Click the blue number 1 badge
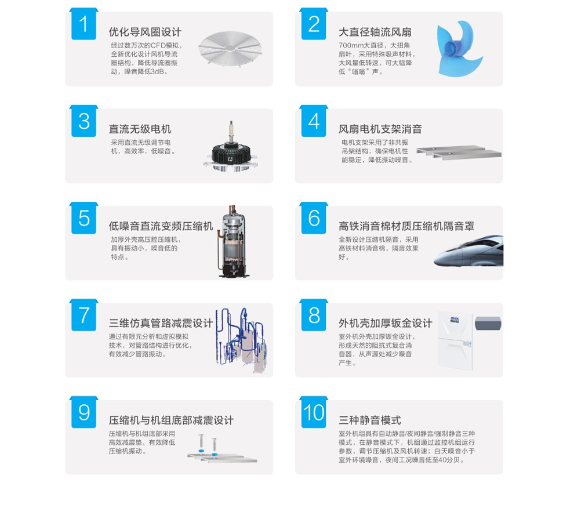(84, 24)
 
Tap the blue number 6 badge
(314, 218)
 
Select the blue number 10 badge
(314, 412)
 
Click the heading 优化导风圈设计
(145, 32)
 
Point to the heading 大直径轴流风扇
(375, 32)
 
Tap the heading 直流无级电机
(140, 129)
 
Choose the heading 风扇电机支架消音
(380, 129)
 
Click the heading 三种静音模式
(370, 420)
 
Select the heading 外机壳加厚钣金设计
(386, 324)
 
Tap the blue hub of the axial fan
(453, 49)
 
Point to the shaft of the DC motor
(231, 132)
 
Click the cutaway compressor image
(232, 241)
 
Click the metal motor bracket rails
(459, 153)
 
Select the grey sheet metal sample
(488, 324)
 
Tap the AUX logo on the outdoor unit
(455, 320)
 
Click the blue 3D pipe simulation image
(242, 340)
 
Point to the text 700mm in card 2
(351, 45)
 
